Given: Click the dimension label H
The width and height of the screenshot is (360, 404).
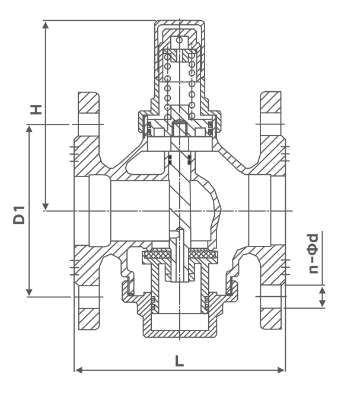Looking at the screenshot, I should tap(37, 110).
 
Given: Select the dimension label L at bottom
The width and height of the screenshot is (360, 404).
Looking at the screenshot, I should tap(180, 361).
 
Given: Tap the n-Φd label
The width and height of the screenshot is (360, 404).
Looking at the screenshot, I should tap(313, 254).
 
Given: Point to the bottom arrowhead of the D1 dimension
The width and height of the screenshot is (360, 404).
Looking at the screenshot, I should tap(28, 292).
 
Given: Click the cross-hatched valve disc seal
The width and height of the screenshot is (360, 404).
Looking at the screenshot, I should tap(180, 255).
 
